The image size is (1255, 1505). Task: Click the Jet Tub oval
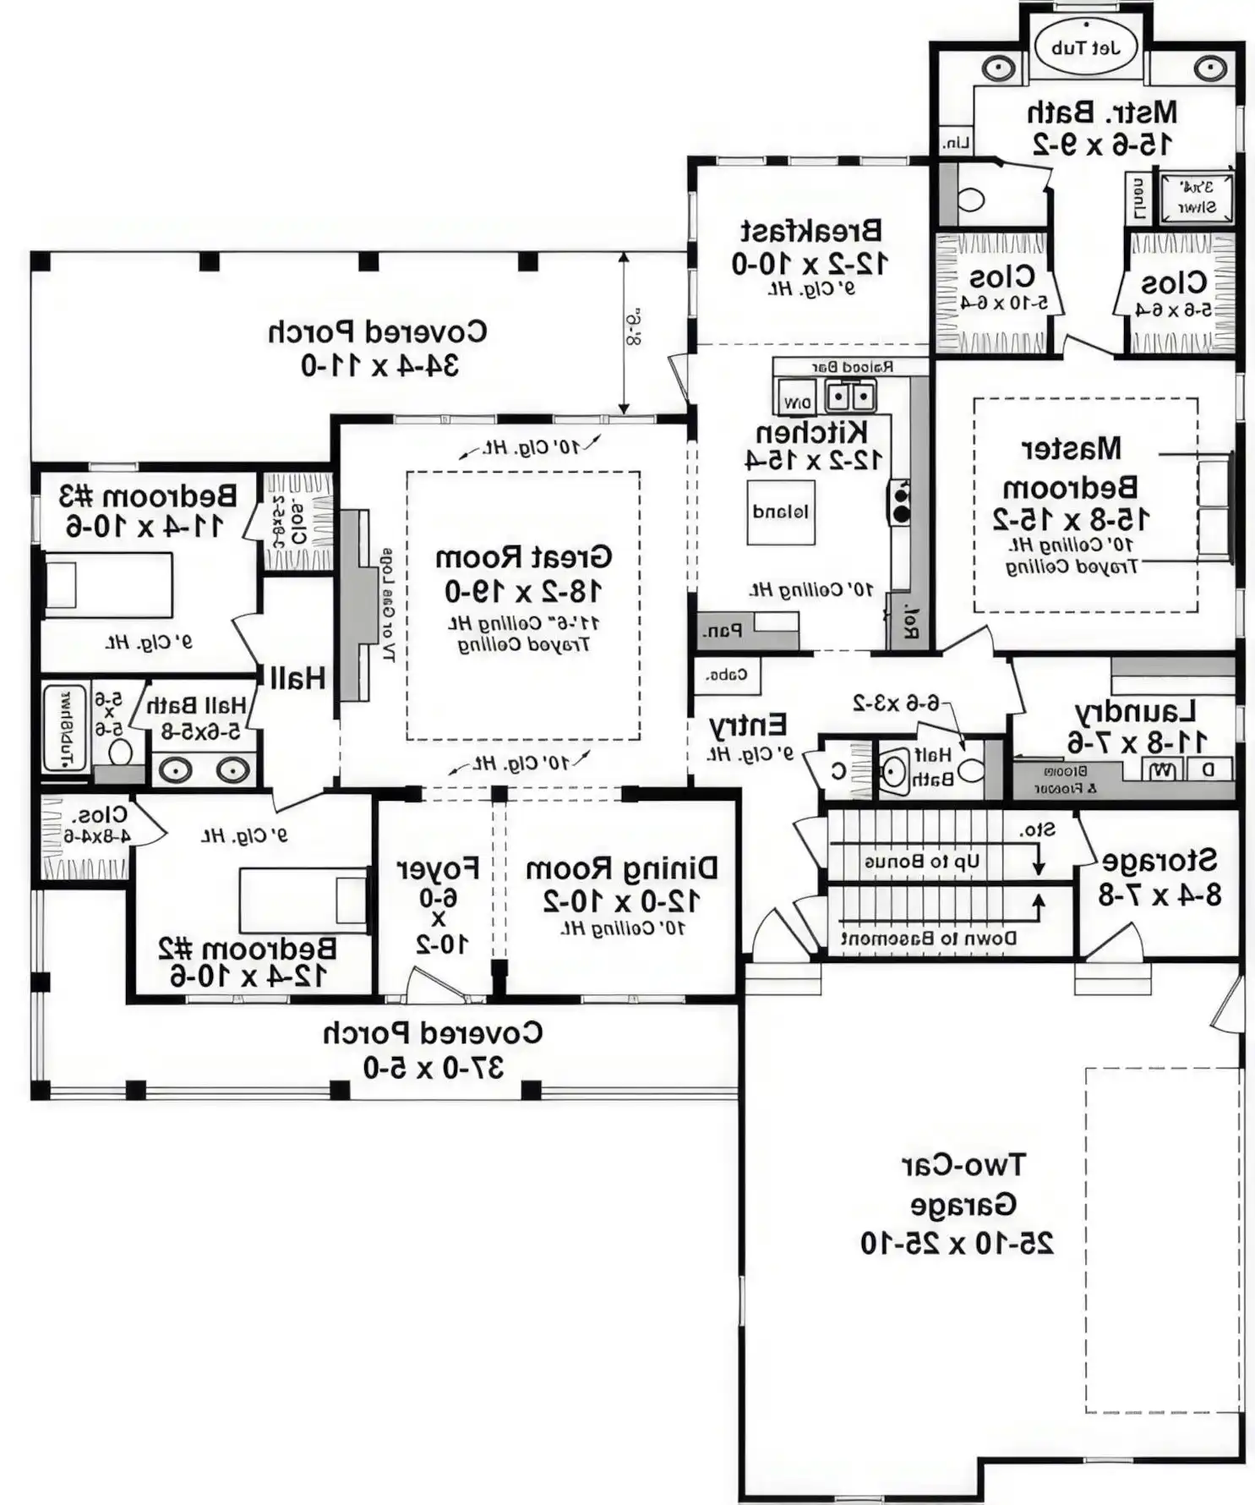[x=1085, y=47]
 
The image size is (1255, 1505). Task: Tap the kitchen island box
[x=780, y=512]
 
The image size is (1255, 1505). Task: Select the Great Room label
[x=523, y=557]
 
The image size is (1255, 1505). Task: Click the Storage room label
[x=1160, y=860]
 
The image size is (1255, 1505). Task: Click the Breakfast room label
[x=810, y=230]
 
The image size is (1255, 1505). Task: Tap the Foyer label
[x=438, y=868]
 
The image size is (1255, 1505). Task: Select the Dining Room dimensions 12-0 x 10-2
[x=621, y=901]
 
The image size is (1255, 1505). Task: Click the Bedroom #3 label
[x=147, y=495]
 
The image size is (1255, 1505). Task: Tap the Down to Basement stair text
[x=928, y=938]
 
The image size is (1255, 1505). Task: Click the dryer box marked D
[x=1208, y=769]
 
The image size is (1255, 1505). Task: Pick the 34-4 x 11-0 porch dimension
[x=379, y=365]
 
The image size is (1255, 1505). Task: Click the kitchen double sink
[x=850, y=396]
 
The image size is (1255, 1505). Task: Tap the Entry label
[x=747, y=725]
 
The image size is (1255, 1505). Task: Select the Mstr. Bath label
[x=1101, y=112]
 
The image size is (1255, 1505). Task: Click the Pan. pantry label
[x=722, y=631]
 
